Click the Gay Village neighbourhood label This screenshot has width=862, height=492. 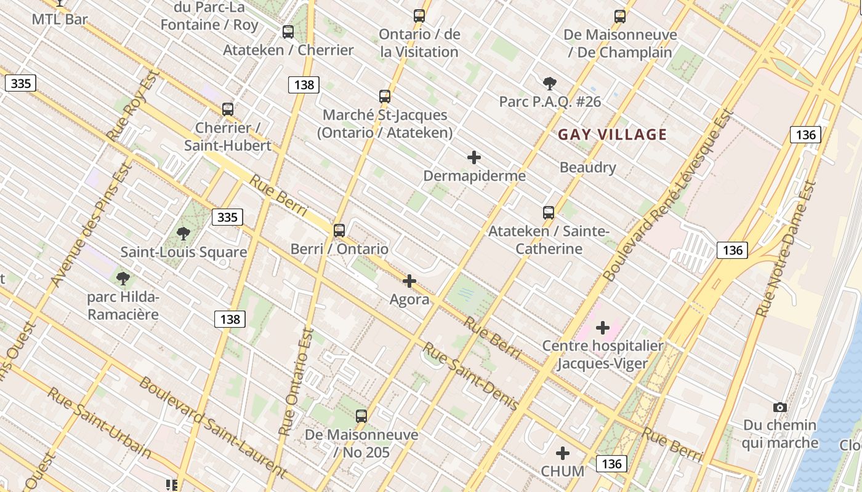(x=612, y=135)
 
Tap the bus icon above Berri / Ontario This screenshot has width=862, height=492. (x=339, y=231)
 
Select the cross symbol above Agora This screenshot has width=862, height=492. (x=409, y=281)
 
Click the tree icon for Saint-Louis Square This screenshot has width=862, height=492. (x=183, y=233)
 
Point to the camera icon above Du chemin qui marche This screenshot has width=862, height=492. (x=779, y=407)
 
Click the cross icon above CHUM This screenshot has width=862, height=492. (x=563, y=453)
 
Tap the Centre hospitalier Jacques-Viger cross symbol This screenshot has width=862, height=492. (x=603, y=328)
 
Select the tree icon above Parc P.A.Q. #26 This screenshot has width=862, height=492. (x=550, y=83)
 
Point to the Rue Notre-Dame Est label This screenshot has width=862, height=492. (x=786, y=249)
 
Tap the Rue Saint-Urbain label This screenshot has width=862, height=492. (x=99, y=423)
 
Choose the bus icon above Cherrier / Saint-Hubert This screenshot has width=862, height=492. (x=228, y=109)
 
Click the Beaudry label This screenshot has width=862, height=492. (x=587, y=167)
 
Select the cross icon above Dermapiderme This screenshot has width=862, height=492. (x=474, y=157)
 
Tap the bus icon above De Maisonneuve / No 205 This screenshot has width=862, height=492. (x=361, y=416)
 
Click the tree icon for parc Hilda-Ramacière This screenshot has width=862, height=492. (x=123, y=278)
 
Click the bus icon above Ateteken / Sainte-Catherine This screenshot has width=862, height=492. (x=549, y=213)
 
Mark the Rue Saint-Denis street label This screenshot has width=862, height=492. (x=470, y=376)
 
